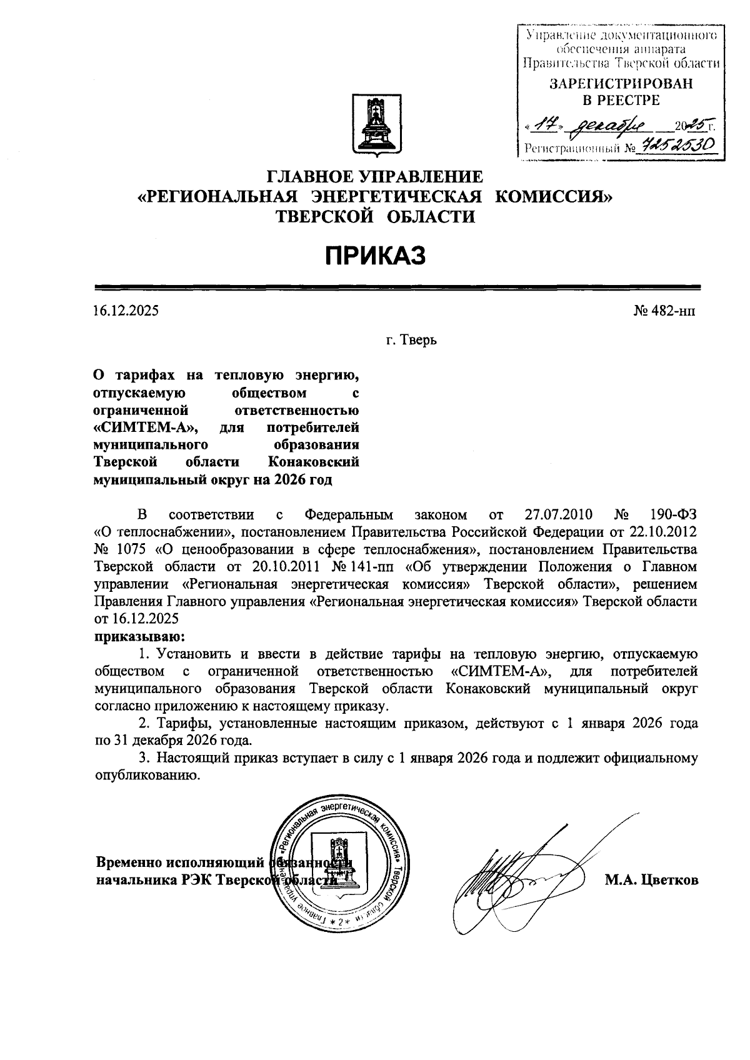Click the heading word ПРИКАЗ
374,255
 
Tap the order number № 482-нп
664,310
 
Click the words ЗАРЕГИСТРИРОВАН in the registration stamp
621,84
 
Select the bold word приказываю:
139,636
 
